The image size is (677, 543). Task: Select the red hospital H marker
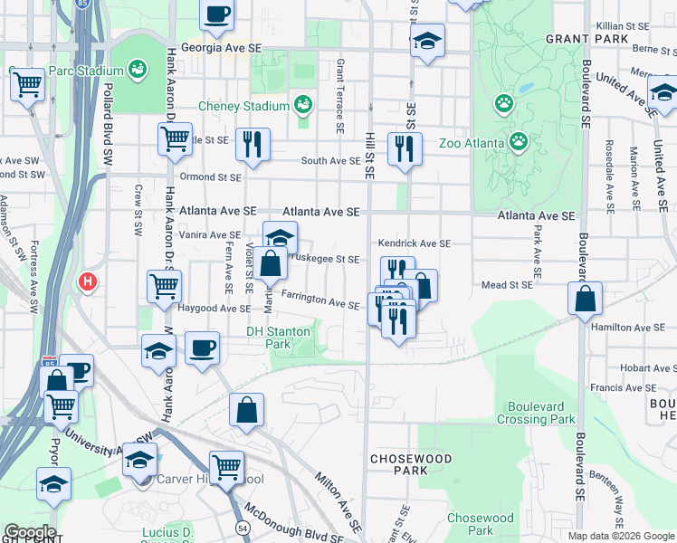88,281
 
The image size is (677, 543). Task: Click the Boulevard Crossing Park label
541,413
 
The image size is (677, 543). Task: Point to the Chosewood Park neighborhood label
411,465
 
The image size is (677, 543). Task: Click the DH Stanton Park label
278,338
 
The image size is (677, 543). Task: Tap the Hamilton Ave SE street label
636,328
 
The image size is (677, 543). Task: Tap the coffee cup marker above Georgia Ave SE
217,14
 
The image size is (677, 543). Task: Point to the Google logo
30,532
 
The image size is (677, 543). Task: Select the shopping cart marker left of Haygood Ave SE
164,287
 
